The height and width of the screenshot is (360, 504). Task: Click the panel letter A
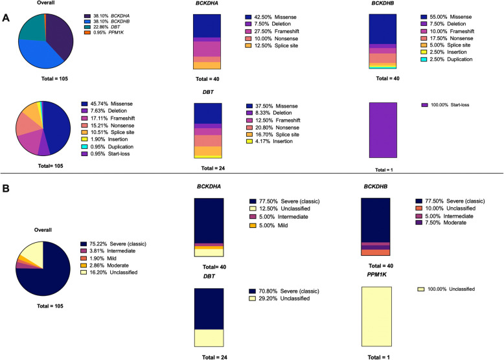[x=6, y=18]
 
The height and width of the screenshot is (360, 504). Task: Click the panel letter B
[x=5, y=188]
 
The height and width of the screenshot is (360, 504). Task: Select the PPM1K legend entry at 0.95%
[x=104, y=32]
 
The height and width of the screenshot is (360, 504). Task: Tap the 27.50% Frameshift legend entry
[x=272, y=31]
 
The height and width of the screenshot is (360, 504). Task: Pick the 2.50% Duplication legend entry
[x=446, y=59]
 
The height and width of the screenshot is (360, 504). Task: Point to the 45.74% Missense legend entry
[x=107, y=104]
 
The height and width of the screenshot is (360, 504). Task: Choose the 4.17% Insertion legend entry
[x=269, y=141]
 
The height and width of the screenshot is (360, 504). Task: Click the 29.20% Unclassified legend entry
[x=280, y=298]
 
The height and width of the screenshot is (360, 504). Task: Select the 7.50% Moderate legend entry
[x=441, y=223]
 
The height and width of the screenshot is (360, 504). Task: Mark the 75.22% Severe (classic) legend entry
[x=113, y=243]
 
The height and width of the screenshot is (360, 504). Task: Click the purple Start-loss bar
[x=383, y=130]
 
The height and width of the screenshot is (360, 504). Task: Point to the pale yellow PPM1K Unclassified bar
[x=376, y=317]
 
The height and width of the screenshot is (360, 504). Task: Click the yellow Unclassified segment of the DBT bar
[x=209, y=338]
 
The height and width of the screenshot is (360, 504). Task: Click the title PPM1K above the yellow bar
[x=377, y=275]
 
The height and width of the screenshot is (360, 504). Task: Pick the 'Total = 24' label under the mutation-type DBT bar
[x=212, y=168]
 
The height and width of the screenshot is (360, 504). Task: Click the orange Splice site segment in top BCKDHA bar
[x=207, y=65]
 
